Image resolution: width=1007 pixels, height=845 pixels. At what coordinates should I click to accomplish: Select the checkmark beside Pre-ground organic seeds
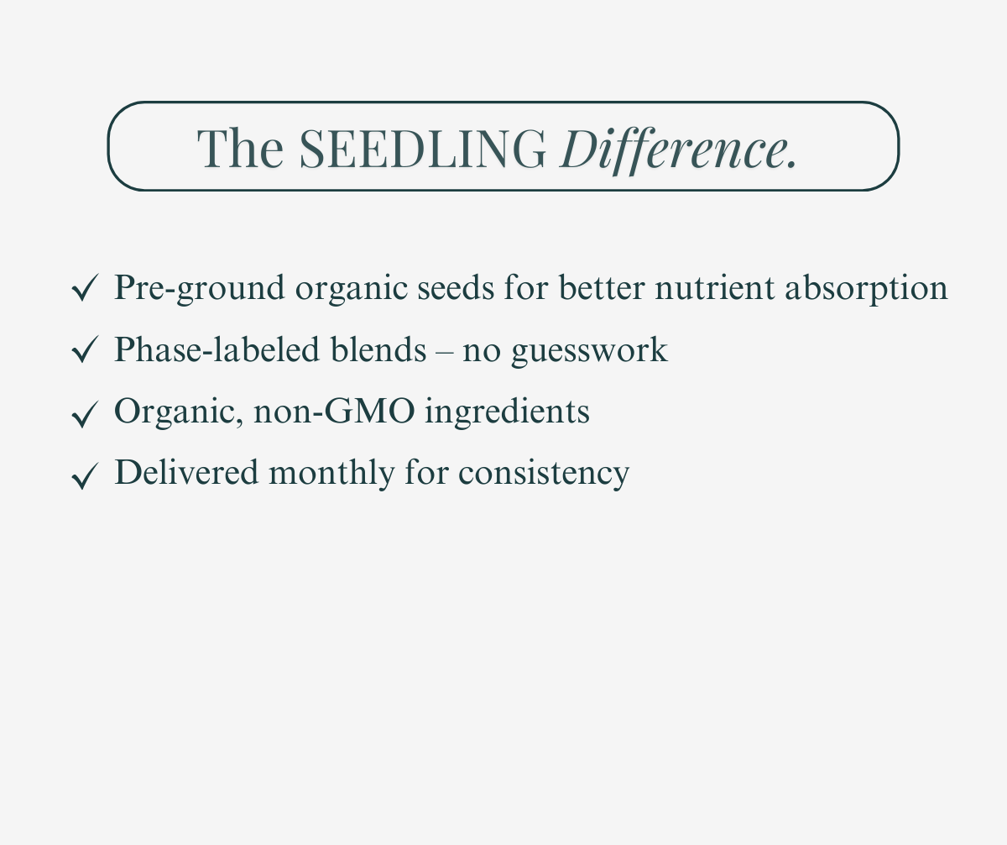85,289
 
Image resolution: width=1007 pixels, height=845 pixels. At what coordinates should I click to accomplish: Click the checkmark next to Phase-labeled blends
85,351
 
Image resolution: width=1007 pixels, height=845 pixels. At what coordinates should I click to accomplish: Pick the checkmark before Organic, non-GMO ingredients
85,413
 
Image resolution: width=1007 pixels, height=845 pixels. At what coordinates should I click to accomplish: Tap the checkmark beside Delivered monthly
85,475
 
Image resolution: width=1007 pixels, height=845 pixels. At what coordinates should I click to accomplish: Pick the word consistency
544,473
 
